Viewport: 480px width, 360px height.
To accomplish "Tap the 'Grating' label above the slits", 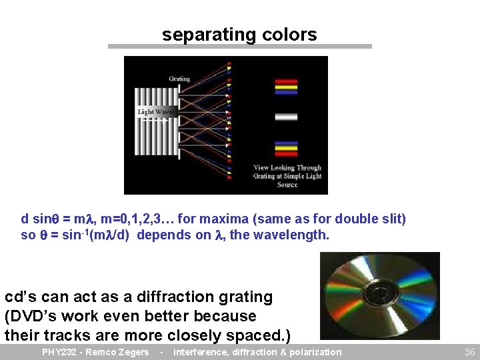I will pos(179,79).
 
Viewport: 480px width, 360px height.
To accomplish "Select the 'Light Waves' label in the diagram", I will pos(156,112).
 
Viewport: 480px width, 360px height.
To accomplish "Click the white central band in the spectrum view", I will pos(286,117).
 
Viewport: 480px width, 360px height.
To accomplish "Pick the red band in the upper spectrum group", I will pos(286,81).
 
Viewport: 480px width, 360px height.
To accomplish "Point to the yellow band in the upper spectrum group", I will pos(286,86).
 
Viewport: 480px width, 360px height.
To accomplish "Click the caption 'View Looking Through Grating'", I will pos(287,171).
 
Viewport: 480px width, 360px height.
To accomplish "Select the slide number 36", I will pos(469,352).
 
